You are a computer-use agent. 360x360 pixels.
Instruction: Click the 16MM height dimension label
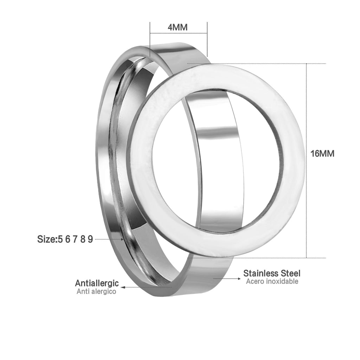pos(322,154)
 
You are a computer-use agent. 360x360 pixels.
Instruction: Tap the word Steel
pos(289,273)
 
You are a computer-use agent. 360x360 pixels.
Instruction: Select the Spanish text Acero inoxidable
pos(272,281)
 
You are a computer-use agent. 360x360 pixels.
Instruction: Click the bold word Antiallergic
pos(97,283)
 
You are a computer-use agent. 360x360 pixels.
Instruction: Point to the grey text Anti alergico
pos(96,291)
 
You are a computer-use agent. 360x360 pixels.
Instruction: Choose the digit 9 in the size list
pos(90,239)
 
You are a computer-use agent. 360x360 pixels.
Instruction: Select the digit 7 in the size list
pos(75,239)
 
